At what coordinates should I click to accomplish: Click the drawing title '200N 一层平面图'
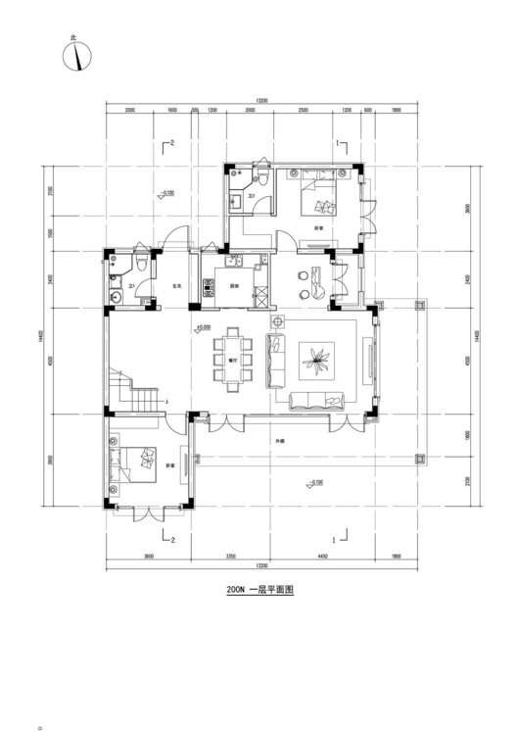pyautogui.click(x=259, y=591)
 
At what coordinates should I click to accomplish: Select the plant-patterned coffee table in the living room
pyautogui.click(x=315, y=362)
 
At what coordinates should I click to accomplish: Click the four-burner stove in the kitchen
pyautogui.click(x=209, y=288)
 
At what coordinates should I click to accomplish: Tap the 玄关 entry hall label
pyautogui.click(x=177, y=287)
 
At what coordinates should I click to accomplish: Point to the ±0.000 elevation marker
pyautogui.click(x=205, y=326)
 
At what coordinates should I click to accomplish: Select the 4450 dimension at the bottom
pyautogui.click(x=321, y=557)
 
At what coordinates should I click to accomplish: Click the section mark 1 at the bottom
pyautogui.click(x=336, y=539)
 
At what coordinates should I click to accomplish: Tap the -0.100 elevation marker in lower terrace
pyautogui.click(x=314, y=481)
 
